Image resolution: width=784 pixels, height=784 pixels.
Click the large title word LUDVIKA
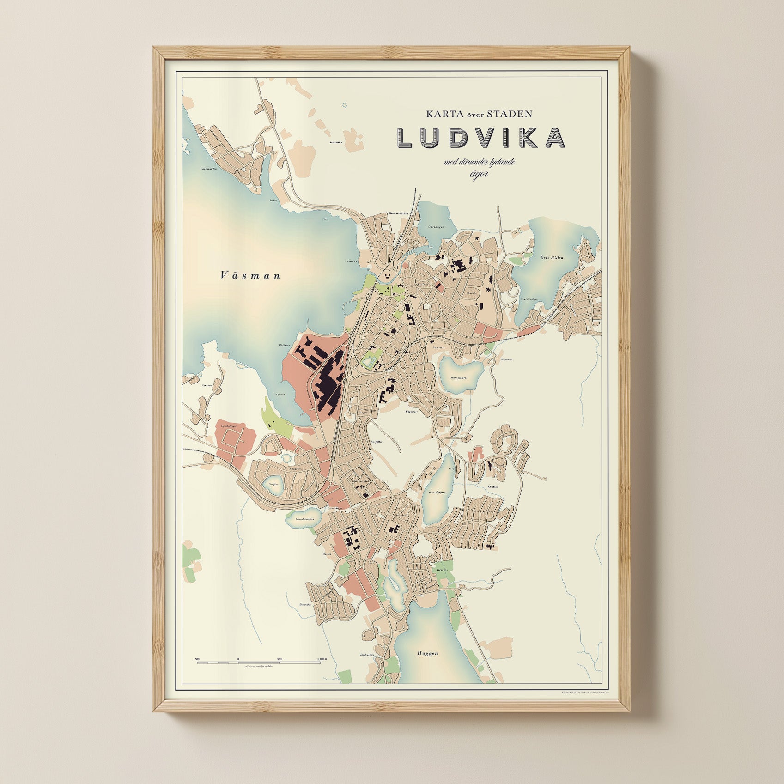(x=480, y=137)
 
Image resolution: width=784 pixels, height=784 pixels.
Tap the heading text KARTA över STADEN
(x=479, y=114)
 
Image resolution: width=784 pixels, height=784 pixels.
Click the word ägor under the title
(x=480, y=175)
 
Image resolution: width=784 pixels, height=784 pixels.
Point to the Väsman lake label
(x=250, y=276)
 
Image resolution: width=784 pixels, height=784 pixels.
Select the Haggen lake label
(x=427, y=653)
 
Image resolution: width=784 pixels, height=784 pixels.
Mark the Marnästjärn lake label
(x=458, y=378)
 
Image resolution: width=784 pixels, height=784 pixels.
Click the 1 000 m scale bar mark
(x=322, y=659)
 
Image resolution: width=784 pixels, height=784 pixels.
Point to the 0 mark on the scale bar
(x=238, y=659)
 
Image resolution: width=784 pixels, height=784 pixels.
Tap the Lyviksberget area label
(x=229, y=425)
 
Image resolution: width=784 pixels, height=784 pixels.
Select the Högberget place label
(x=411, y=411)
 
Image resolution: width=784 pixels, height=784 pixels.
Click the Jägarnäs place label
(x=442, y=570)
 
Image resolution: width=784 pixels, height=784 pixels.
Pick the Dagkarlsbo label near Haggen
(x=367, y=655)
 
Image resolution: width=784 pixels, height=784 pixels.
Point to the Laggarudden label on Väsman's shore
(x=209, y=169)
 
